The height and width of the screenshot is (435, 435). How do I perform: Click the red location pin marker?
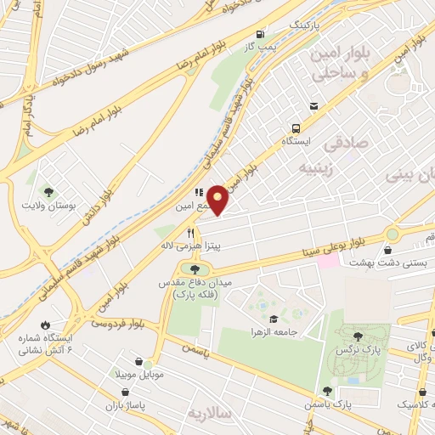point(219,200)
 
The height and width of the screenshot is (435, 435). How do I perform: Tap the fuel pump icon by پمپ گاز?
point(257,35)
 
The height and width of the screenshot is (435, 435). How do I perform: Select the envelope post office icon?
point(314,106)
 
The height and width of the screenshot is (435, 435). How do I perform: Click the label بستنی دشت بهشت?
point(387,263)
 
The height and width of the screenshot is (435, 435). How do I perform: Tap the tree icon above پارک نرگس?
point(357,336)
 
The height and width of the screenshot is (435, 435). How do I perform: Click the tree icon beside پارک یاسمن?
point(327,391)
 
